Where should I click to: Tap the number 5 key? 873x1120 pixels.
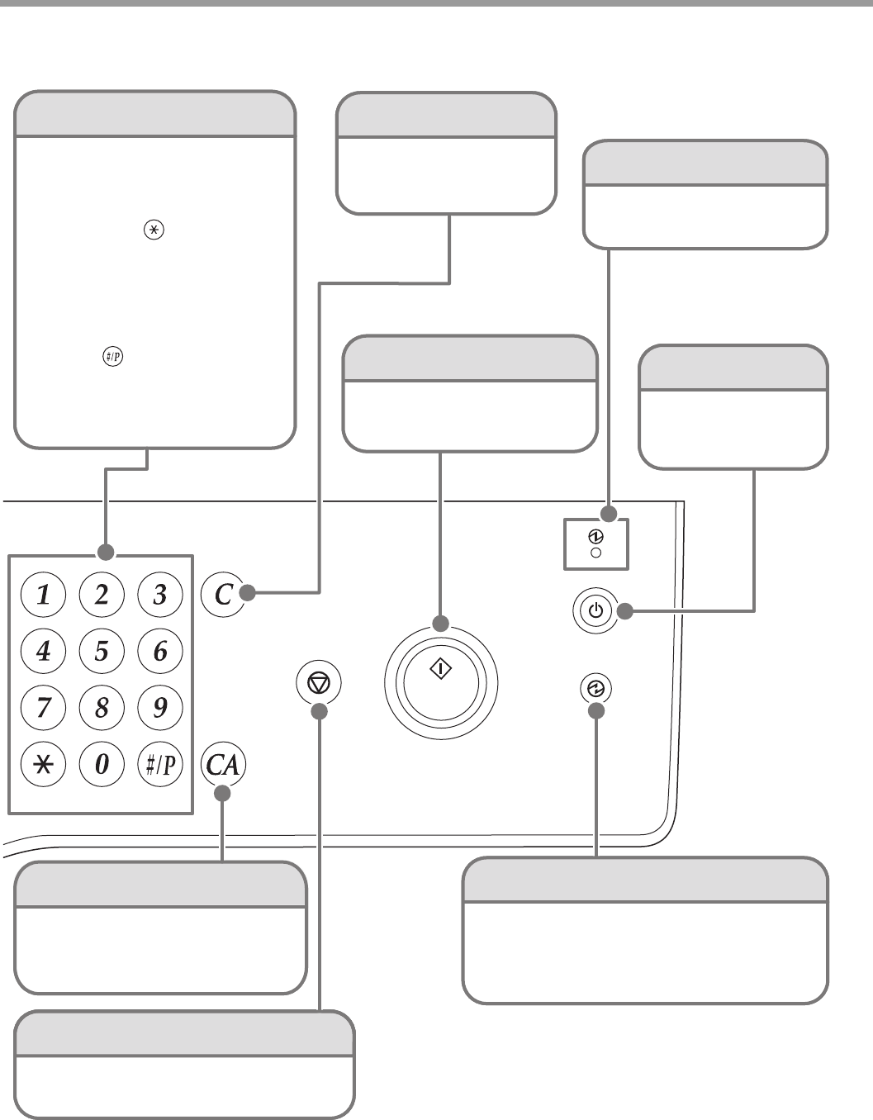tap(102, 651)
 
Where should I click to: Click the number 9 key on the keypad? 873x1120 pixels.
tap(159, 707)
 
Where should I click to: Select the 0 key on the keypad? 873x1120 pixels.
tap(102, 764)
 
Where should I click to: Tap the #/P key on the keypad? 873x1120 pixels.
tap(159, 764)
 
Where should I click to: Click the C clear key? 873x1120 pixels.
tap(223, 595)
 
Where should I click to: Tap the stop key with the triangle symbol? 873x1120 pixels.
tap(318, 682)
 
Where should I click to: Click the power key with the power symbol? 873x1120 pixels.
tap(595, 612)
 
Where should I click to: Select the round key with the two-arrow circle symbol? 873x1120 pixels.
tap(596, 688)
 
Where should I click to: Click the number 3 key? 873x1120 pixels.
tap(159, 595)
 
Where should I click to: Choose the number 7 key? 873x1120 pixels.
tap(43, 707)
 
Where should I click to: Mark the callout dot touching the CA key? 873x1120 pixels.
tap(223, 794)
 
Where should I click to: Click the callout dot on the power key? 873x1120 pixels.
tap(625, 612)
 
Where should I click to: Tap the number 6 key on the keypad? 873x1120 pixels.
tap(159, 651)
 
